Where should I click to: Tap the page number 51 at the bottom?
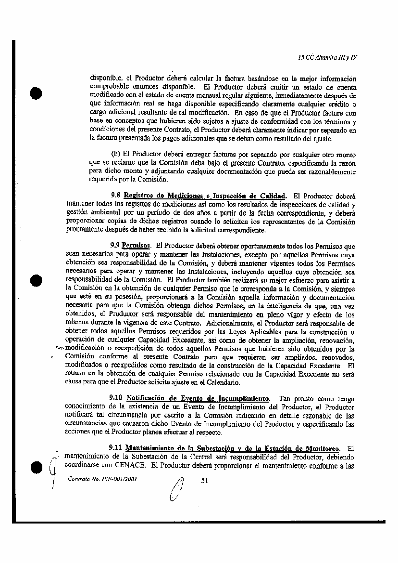tap(203, 479)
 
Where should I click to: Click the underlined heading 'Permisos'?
tap(136, 245)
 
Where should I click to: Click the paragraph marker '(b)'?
tap(116, 154)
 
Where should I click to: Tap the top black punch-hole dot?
tap(36, 93)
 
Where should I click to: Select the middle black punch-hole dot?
tap(36, 281)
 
